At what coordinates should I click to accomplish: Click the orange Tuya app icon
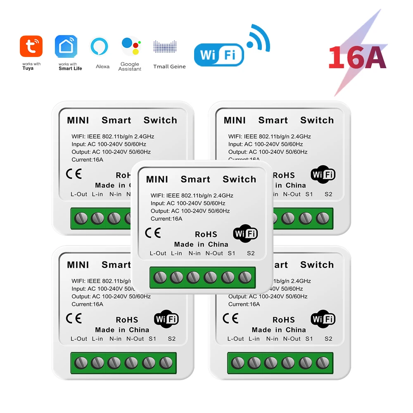(31, 46)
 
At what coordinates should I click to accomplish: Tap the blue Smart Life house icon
(66, 46)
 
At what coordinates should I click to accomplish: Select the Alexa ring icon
(100, 46)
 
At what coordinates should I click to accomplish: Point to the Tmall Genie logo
(165, 46)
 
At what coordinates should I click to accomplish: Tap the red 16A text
(357, 58)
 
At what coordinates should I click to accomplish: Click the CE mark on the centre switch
(153, 233)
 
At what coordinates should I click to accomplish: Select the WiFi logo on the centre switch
(245, 233)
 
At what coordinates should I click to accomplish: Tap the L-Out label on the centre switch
(158, 253)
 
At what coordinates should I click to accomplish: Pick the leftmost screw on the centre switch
(160, 277)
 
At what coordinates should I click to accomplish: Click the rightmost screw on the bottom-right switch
(323, 363)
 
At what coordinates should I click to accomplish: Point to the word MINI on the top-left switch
(78, 121)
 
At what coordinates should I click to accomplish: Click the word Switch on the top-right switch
(317, 120)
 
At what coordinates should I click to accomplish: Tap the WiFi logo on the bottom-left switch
(166, 319)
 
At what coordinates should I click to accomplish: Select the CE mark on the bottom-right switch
(230, 318)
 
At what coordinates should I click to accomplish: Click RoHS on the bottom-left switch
(127, 320)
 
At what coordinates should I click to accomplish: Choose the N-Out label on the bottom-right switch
(292, 339)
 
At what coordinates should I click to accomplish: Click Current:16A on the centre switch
(166, 219)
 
